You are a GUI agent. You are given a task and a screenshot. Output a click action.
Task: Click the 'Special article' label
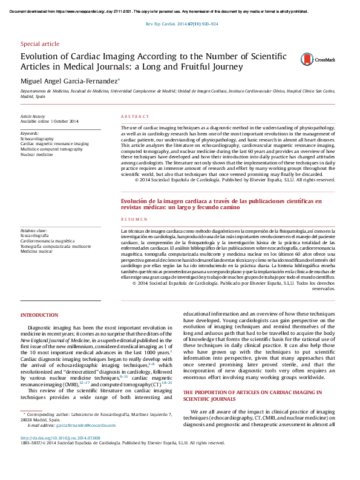(x=40, y=44)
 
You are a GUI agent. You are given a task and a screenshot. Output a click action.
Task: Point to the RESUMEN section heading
(x=131, y=218)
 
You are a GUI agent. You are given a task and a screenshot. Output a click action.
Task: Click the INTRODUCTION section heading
(x=39, y=316)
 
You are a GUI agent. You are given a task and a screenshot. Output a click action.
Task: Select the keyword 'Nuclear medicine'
(x=36, y=154)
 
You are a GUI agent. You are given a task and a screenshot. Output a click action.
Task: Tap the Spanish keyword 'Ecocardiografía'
(x=36, y=236)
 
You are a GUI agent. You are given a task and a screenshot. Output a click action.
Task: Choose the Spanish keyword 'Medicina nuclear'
(x=38, y=251)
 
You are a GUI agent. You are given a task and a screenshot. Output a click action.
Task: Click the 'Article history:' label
(x=33, y=116)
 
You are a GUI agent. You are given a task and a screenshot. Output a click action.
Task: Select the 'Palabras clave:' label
(x=34, y=230)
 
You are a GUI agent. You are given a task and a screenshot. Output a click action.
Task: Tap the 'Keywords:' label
(x=30, y=133)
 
